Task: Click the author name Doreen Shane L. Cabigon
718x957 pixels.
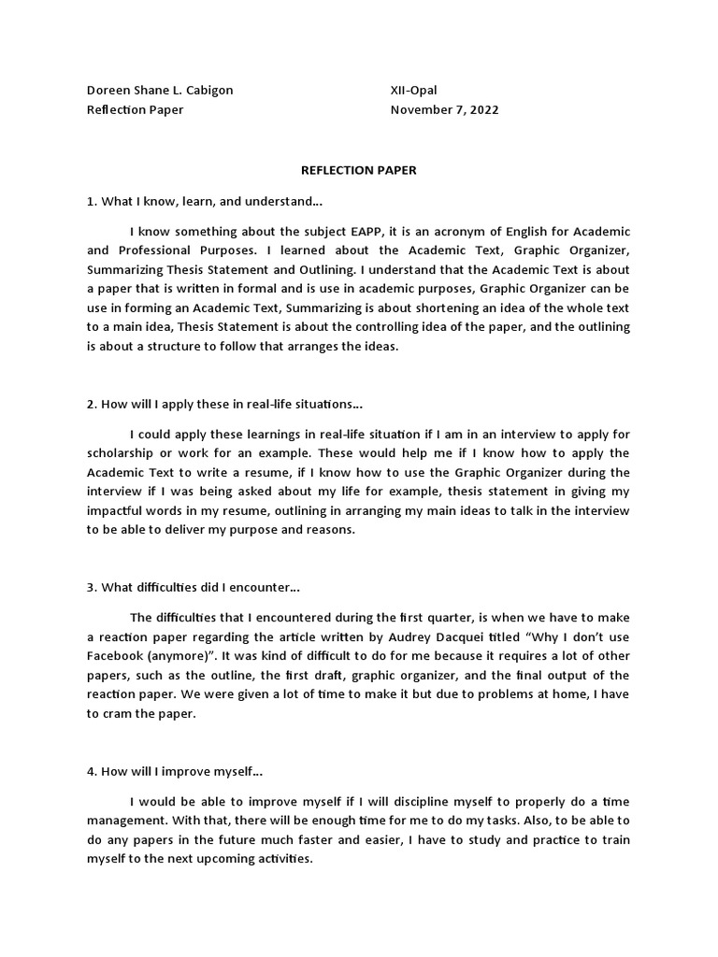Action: point(160,90)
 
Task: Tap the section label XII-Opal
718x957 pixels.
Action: point(413,90)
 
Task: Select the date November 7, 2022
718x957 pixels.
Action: point(444,109)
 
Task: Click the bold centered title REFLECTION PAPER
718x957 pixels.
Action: point(358,170)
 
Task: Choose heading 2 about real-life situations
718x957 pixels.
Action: point(224,404)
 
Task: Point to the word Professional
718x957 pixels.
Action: point(160,250)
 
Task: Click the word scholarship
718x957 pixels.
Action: point(124,452)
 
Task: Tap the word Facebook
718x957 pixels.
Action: point(118,655)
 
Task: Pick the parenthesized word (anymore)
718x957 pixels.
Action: point(189,655)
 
